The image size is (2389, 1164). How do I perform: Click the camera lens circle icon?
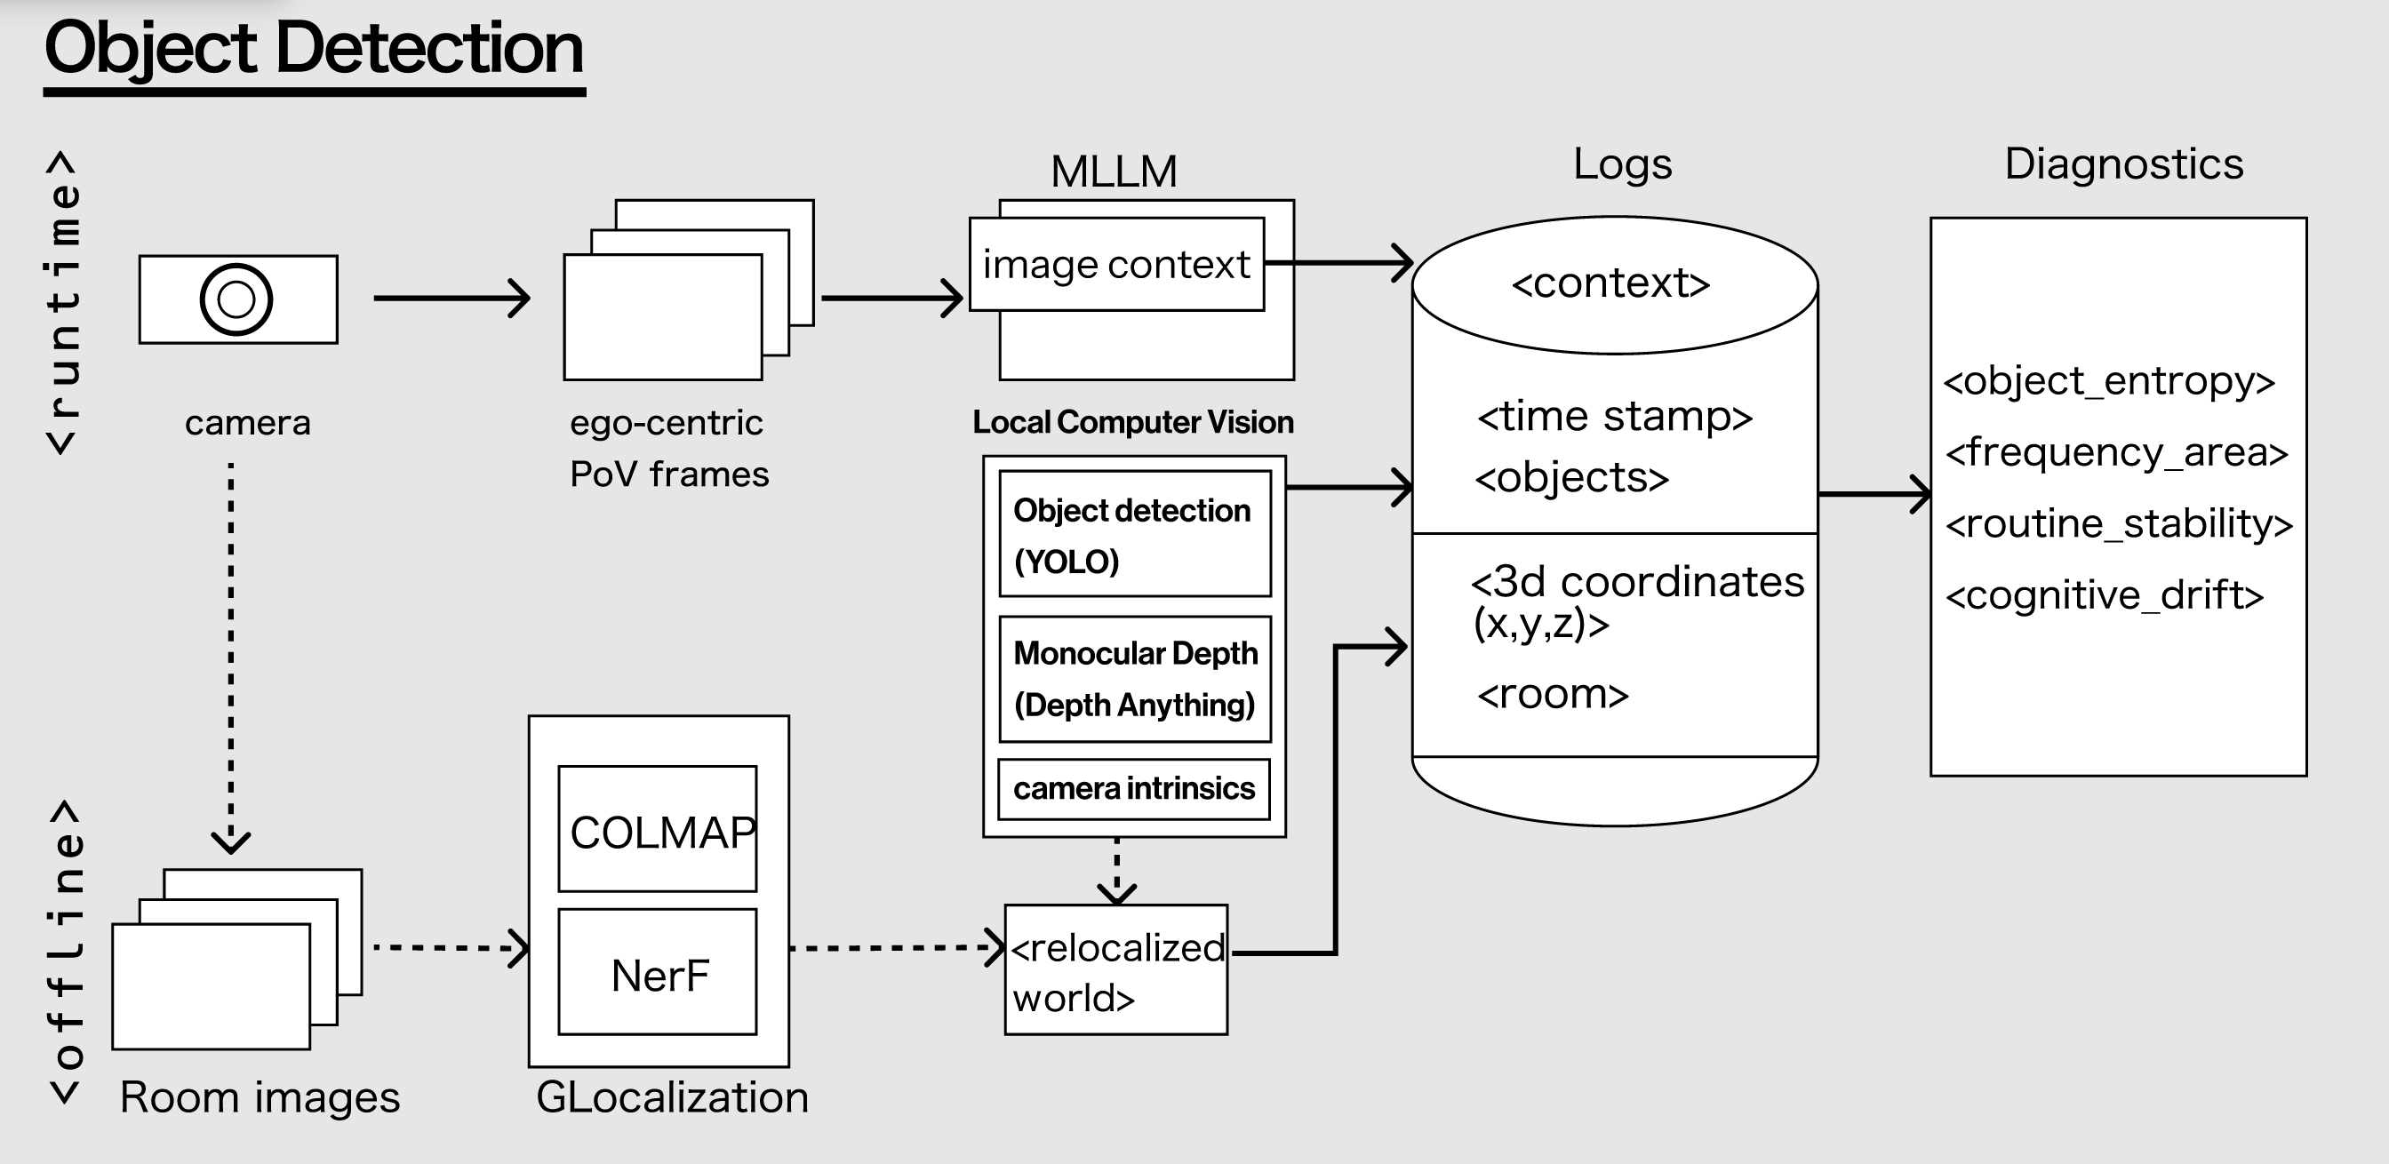pyautogui.click(x=236, y=299)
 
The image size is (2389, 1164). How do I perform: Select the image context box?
pyautogui.click(x=1115, y=264)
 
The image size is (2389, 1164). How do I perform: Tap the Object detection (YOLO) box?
pyautogui.click(x=1134, y=534)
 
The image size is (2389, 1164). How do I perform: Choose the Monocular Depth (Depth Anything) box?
pyautogui.click(x=1134, y=679)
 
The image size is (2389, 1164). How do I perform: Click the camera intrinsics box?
pyautogui.click(x=1133, y=789)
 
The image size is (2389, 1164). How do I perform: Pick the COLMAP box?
pyautogui.click(x=658, y=829)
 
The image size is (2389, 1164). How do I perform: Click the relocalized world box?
pyautogui.click(x=1115, y=970)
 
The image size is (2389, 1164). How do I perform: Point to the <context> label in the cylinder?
pyautogui.click(x=1611, y=283)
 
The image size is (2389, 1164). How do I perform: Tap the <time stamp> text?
pyautogui.click(x=1615, y=417)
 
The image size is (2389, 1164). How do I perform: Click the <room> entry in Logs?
pyautogui.click(x=1554, y=694)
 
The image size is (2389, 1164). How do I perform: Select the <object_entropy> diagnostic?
pyautogui.click(x=2109, y=381)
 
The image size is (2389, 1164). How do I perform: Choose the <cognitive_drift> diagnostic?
pyautogui.click(x=2105, y=595)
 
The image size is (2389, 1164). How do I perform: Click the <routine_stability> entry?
pyautogui.click(x=2118, y=524)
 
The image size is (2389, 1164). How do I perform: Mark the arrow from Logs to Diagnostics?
pyautogui.click(x=1874, y=494)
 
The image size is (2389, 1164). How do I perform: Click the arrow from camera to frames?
pyautogui.click(x=451, y=298)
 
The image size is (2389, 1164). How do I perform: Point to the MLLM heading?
pyautogui.click(x=1114, y=171)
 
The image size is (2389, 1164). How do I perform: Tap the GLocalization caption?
pyautogui.click(x=673, y=1098)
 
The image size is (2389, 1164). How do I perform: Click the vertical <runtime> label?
pyautogui.click(x=63, y=302)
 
